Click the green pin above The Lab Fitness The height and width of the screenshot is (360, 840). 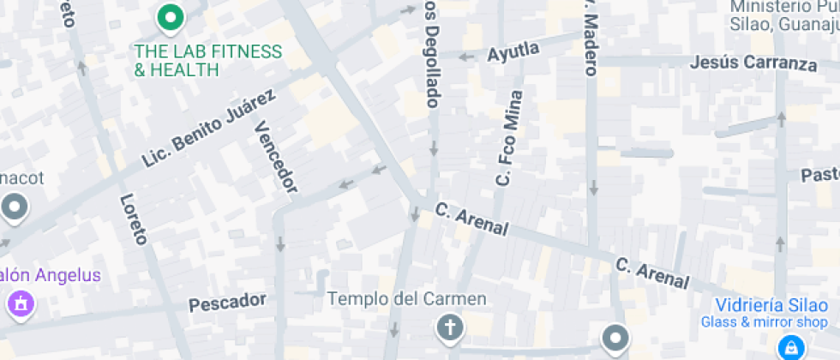pos(171,16)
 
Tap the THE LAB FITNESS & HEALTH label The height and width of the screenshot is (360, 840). pos(207,60)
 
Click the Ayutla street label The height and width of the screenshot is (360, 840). pos(513,52)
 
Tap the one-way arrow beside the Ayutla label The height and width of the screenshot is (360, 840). pos(466,57)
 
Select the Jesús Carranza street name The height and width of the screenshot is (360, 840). pos(753,63)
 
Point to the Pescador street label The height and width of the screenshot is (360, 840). pos(227,301)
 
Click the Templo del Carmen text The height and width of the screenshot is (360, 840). pos(408,299)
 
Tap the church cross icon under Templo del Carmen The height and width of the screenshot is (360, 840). pos(448,327)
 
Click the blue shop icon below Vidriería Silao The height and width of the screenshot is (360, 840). pos(789,347)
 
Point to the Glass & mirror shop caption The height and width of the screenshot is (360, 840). pos(765,322)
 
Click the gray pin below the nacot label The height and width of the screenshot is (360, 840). pos(15,207)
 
